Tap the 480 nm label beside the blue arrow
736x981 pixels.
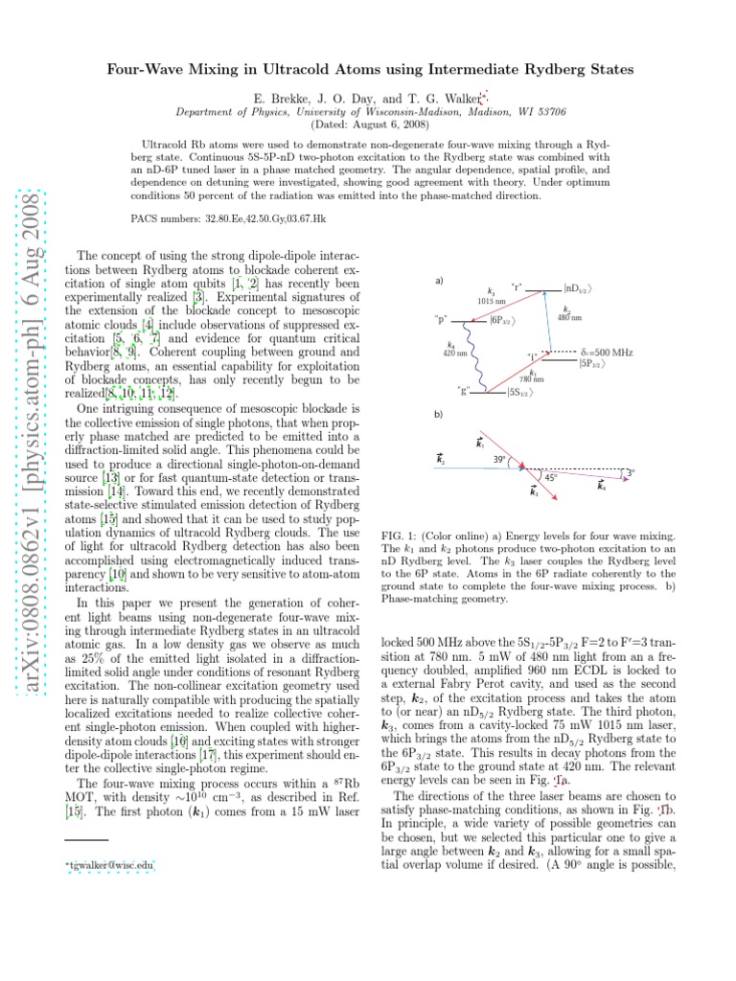569,316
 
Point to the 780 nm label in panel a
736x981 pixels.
531,378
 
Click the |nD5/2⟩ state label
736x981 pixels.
583,287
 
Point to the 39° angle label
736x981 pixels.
499,459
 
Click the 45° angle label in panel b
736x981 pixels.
548,477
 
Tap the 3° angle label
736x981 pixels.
629,471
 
